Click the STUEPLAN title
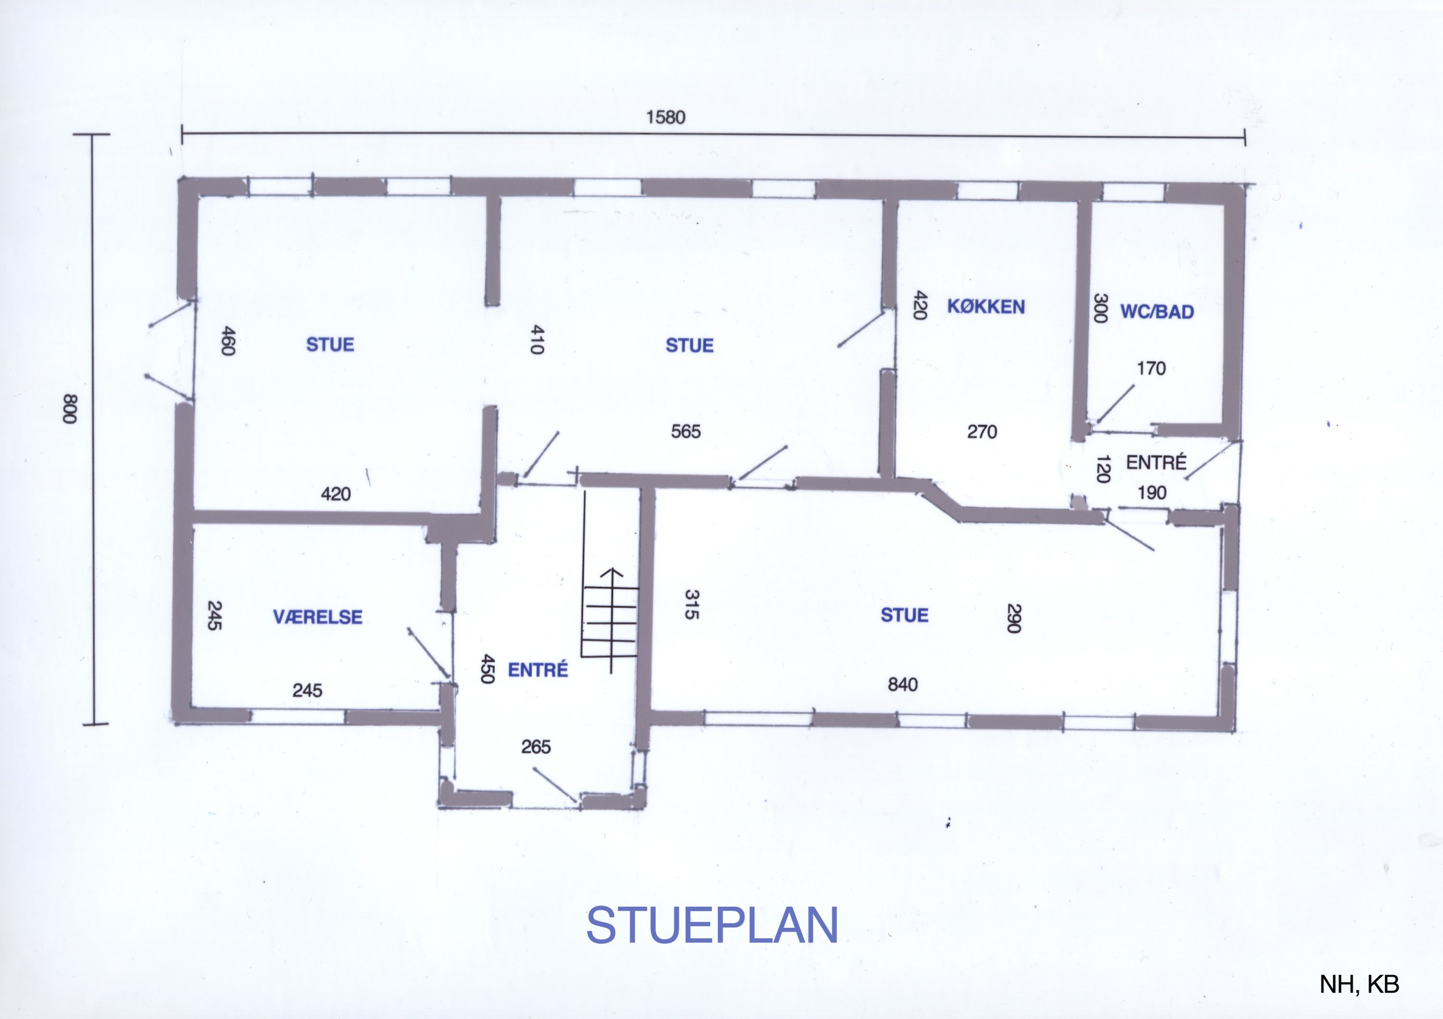point(712,925)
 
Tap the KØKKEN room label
point(986,307)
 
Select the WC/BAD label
point(1157,312)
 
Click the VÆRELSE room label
point(317,617)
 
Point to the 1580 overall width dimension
point(666,117)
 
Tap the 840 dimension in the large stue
point(902,685)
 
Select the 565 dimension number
point(686,431)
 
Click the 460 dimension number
point(228,341)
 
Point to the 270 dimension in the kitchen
point(982,431)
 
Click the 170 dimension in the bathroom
point(1151,369)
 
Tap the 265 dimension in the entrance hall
point(535,747)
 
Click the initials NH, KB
point(1359,984)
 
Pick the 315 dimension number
point(691,604)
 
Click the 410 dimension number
point(537,340)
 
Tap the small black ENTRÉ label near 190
point(1156,463)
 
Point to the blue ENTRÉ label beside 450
point(537,670)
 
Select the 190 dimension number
point(1152,493)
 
